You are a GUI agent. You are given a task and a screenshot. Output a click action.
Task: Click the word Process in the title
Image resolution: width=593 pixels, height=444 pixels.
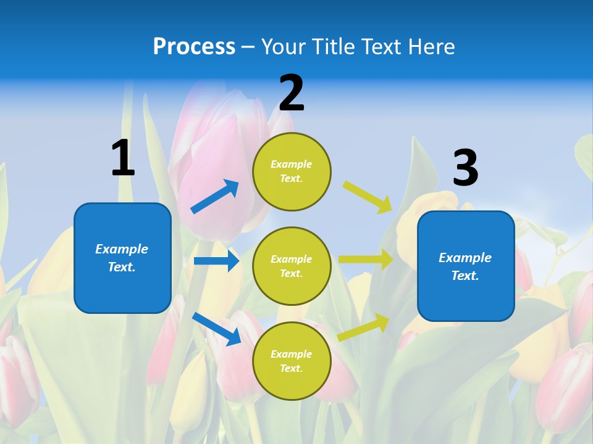194,47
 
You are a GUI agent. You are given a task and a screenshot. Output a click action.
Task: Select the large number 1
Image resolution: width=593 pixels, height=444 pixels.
123,158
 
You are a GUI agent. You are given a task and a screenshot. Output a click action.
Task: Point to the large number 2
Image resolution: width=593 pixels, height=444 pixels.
292,93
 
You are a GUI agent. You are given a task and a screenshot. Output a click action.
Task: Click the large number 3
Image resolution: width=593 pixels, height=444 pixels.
465,168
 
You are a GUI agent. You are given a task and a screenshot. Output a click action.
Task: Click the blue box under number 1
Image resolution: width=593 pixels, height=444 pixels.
122,258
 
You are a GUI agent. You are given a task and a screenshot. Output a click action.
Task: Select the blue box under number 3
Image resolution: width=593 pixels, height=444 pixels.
466,266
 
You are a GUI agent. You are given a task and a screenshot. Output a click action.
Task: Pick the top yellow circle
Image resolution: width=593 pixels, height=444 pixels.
292,171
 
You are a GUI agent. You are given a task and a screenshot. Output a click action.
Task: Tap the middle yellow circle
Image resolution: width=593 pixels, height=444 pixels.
292,266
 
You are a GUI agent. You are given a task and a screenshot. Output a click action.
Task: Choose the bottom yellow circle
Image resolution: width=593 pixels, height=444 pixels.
292,361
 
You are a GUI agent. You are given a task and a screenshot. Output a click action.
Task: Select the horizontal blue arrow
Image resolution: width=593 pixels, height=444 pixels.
216,261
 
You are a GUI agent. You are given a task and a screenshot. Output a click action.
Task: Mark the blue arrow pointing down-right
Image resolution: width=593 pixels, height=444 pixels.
216,328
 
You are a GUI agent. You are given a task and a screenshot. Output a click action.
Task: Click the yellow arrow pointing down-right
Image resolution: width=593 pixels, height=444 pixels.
368,197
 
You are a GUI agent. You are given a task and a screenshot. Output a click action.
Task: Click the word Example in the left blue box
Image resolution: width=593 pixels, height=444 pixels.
122,249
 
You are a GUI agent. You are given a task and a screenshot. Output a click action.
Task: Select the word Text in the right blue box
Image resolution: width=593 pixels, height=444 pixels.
464,276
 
